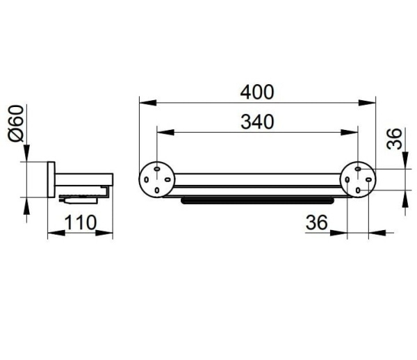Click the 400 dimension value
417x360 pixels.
click(257, 92)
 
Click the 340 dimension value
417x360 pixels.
click(257, 122)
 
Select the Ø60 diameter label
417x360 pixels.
click(16, 124)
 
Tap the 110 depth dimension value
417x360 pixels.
click(81, 222)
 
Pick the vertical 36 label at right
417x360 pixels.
click(394, 139)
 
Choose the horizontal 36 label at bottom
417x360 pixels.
click(317, 222)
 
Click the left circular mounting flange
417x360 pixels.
click(157, 179)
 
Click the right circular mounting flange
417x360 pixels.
click(358, 179)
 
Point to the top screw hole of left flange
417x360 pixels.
click(157, 169)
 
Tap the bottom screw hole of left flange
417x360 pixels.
click(157, 190)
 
